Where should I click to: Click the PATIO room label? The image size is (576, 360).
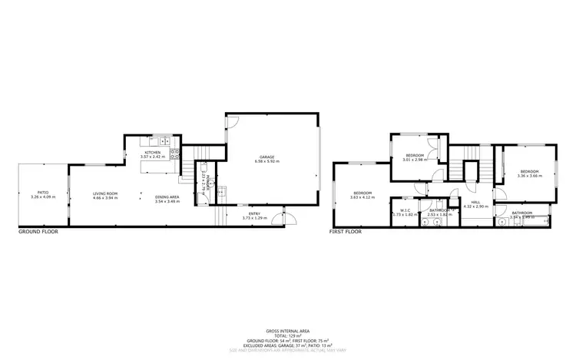(x=43, y=193)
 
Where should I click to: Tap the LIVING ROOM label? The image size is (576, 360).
(x=105, y=193)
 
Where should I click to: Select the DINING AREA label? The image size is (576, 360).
(x=167, y=197)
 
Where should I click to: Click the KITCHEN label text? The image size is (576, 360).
(x=152, y=153)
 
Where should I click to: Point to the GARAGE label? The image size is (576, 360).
(x=266, y=157)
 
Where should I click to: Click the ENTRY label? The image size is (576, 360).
(x=253, y=214)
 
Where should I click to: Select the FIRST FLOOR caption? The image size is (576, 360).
(x=346, y=231)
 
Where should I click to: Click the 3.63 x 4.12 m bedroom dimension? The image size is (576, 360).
(x=362, y=197)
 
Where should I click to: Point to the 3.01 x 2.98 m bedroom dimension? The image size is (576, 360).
(x=415, y=160)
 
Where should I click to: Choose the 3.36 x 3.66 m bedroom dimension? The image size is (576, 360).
(x=530, y=176)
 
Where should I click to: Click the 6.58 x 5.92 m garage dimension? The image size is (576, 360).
(x=266, y=162)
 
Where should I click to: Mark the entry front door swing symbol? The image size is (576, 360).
(x=290, y=217)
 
